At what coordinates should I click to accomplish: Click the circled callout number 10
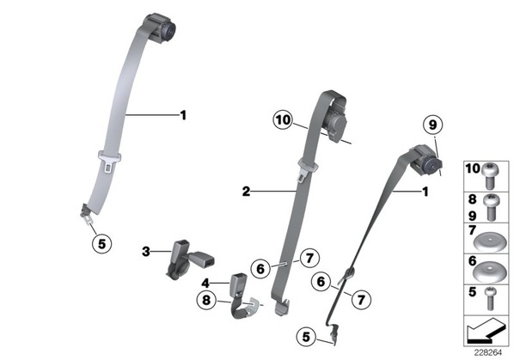tap(284, 120)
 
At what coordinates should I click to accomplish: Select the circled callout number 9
tap(432, 125)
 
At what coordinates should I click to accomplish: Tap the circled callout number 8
tap(206, 300)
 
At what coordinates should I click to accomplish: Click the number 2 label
tap(246, 191)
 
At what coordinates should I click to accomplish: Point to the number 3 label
tap(146, 252)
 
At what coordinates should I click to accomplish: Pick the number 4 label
tap(205, 283)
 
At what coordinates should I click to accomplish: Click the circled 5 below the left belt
tap(102, 244)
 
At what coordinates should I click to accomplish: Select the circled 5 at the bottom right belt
tap(306, 337)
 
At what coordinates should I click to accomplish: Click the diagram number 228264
tap(487, 352)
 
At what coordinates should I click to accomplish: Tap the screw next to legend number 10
tap(489, 175)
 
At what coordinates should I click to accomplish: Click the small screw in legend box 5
tap(491, 298)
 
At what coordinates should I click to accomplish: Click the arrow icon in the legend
tap(486, 330)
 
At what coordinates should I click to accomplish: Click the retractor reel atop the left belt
tap(162, 28)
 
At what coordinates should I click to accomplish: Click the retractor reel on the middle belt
tap(336, 121)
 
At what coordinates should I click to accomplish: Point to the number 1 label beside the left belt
tap(184, 115)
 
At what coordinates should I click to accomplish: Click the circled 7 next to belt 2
tap(309, 258)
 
